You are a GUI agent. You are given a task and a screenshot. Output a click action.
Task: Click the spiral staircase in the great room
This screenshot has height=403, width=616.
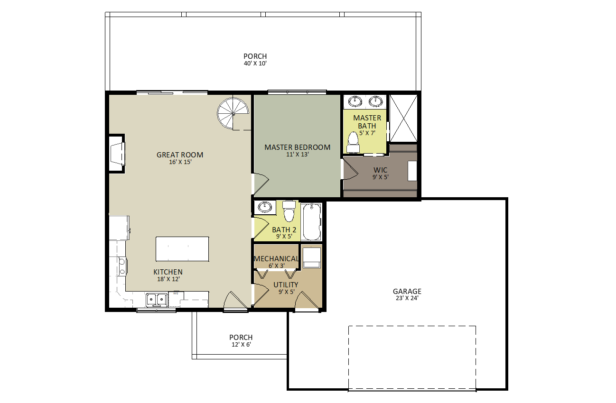pos(233,114)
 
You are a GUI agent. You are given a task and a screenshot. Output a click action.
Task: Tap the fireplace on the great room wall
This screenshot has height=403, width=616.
pos(117,154)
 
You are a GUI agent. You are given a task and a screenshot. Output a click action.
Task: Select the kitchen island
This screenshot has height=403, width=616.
pos(182,249)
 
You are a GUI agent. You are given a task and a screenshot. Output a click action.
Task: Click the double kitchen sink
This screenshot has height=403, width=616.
pos(157,300)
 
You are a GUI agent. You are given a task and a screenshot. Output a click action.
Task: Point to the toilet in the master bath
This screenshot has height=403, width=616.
pos(353,142)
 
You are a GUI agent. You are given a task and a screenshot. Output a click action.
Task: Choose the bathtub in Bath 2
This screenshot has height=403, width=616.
pos(311,221)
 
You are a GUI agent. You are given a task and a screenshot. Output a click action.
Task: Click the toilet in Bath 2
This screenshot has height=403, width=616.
pos(289,211)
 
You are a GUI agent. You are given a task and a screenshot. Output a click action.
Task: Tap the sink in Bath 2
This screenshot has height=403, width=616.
pos(264,207)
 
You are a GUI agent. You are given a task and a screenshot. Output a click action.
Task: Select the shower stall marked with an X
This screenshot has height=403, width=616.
pos(403,119)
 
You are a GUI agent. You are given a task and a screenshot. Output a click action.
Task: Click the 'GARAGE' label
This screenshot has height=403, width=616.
pos(407,291)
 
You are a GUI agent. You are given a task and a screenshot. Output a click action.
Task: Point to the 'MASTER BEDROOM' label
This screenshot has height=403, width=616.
pos(297,147)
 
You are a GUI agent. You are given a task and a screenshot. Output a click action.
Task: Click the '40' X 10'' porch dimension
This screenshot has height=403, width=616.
pos(255,64)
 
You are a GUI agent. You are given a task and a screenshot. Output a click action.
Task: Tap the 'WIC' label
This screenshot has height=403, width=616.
pos(380,170)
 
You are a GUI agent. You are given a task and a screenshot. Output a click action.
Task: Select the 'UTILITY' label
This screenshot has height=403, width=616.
pos(286,284)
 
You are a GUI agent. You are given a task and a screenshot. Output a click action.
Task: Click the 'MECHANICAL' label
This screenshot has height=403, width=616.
pos(276,259)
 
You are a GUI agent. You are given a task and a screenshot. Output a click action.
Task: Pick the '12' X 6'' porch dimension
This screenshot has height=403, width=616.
pos(241,345)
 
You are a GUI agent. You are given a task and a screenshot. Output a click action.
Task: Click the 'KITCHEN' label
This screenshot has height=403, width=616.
pos(168,272)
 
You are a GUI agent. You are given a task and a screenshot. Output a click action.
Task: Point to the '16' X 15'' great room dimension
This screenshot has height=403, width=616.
pos(180,162)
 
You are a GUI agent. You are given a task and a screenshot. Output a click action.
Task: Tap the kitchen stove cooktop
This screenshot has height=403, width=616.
pos(122,266)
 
